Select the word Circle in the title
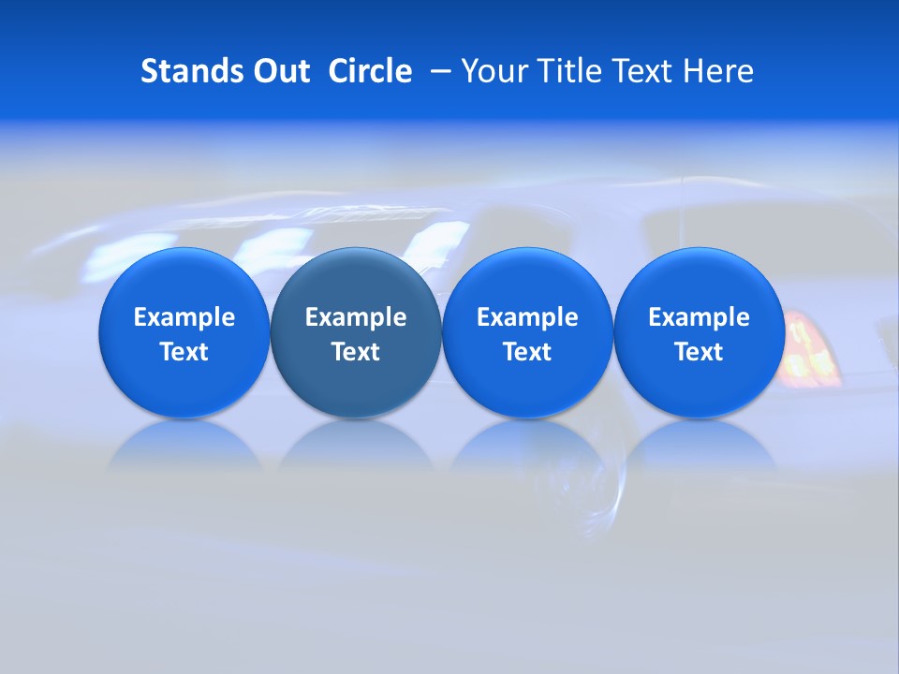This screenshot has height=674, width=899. click(370, 71)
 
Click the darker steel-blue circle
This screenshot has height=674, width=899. click(356, 332)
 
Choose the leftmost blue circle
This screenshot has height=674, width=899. click(184, 332)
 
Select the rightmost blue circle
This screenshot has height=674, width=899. click(700, 332)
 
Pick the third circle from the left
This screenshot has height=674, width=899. click(527, 332)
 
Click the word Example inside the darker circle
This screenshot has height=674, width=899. click(356, 317)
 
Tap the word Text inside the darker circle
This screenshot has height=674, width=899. click(356, 352)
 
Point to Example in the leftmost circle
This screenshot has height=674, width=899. click(184, 317)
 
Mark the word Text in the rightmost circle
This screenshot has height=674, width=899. click(700, 352)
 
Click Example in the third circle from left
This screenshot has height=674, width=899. click(527, 317)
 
